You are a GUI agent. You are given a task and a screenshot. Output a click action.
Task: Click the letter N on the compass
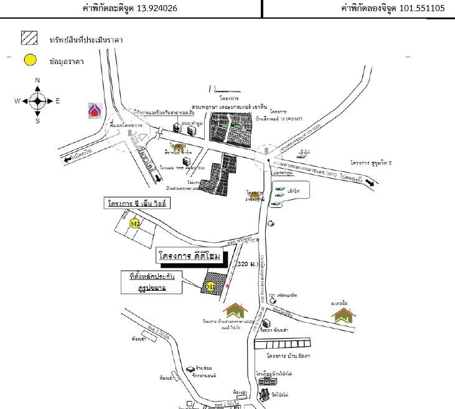click(x=37, y=80)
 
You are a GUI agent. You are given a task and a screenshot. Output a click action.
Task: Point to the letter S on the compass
click(x=37, y=121)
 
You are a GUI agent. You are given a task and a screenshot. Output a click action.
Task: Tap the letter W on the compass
click(x=17, y=101)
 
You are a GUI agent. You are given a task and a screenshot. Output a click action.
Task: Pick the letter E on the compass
click(x=57, y=101)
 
